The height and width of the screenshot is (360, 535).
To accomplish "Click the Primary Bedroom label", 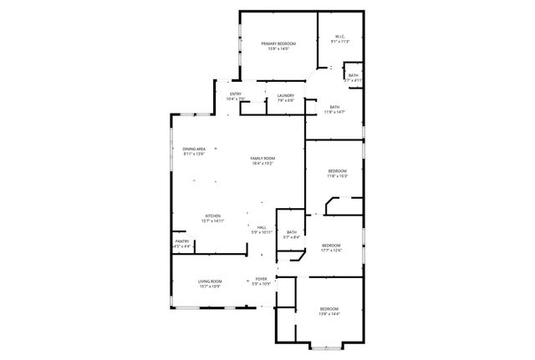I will [278, 43].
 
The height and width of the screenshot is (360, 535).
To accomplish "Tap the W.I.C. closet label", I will [340, 36].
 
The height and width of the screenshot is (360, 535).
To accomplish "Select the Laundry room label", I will [285, 94].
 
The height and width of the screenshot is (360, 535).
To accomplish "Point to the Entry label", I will [236, 94].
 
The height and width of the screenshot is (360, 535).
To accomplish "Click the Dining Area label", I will [194, 149].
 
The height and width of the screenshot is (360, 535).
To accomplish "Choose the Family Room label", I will [263, 158].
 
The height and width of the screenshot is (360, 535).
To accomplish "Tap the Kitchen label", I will [212, 215].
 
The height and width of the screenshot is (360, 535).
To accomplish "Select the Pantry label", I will [181, 241].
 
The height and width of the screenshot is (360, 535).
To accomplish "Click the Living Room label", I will [210, 281].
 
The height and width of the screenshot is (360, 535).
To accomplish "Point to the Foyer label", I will [262, 278].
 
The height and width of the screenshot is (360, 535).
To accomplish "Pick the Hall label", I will [262, 226].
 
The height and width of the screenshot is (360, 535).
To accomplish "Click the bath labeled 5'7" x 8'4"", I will [292, 232].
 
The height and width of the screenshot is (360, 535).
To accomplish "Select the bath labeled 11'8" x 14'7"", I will [334, 107].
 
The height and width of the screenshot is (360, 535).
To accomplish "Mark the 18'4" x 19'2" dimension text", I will [263, 164].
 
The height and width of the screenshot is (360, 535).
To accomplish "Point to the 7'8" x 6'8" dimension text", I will [285, 100].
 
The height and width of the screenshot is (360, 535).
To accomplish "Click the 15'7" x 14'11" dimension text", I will [212, 221].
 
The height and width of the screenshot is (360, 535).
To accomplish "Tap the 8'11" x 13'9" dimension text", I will [194, 155].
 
